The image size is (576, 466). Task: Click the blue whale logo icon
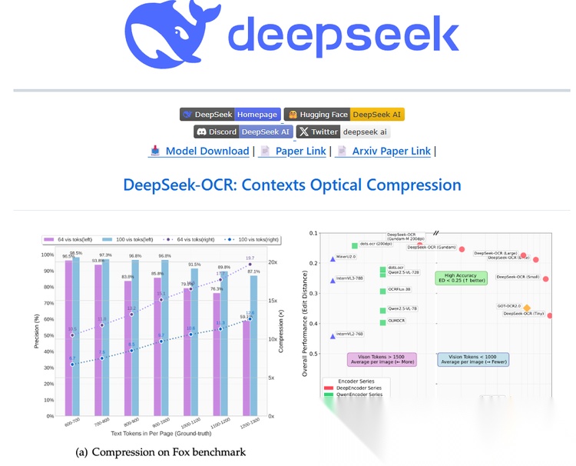[x=170, y=34]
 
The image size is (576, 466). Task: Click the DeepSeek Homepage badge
[x=230, y=115]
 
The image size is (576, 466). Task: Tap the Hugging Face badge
[x=343, y=115]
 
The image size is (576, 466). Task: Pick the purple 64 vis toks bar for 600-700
[x=68, y=338]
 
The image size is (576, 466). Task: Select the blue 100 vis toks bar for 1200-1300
[x=254, y=345]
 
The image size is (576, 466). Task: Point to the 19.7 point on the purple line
[x=250, y=265]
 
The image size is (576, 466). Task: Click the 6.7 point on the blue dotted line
[x=72, y=364]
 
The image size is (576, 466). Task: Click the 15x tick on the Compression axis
[x=272, y=300]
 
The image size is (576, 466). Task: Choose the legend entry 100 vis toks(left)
[x=127, y=240]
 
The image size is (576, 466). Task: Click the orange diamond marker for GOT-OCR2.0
[x=527, y=308]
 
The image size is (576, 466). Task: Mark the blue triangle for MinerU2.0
[x=333, y=258]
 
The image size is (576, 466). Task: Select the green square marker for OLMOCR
[x=382, y=322]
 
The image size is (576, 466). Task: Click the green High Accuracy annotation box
[x=461, y=278]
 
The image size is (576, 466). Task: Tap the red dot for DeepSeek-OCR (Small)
[x=546, y=278]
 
